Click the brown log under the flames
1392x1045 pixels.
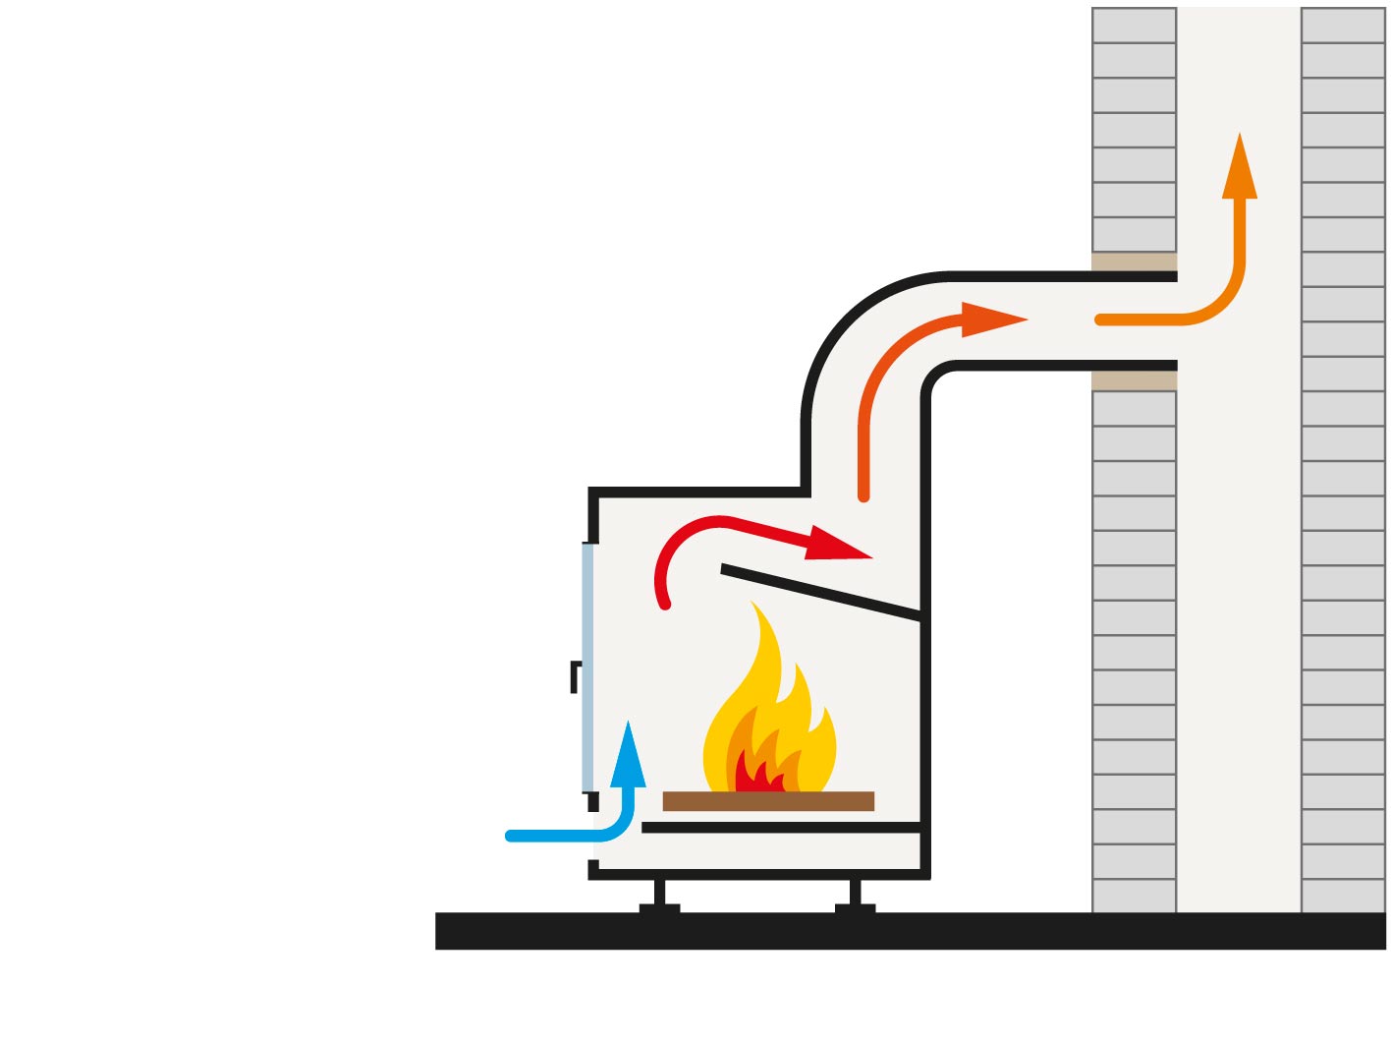click(x=768, y=801)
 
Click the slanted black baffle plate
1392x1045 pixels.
click(x=820, y=594)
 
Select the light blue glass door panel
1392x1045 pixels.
click(x=587, y=668)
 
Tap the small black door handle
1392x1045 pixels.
click(x=576, y=676)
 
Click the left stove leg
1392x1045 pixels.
click(x=659, y=895)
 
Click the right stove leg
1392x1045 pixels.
click(x=855, y=895)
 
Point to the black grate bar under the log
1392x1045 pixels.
click(x=781, y=828)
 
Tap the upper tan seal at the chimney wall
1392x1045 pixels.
click(x=1134, y=261)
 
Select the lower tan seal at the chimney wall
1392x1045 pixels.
click(x=1134, y=380)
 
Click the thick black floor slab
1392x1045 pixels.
click(x=910, y=930)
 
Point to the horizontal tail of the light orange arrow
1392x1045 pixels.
click(x=1140, y=319)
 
